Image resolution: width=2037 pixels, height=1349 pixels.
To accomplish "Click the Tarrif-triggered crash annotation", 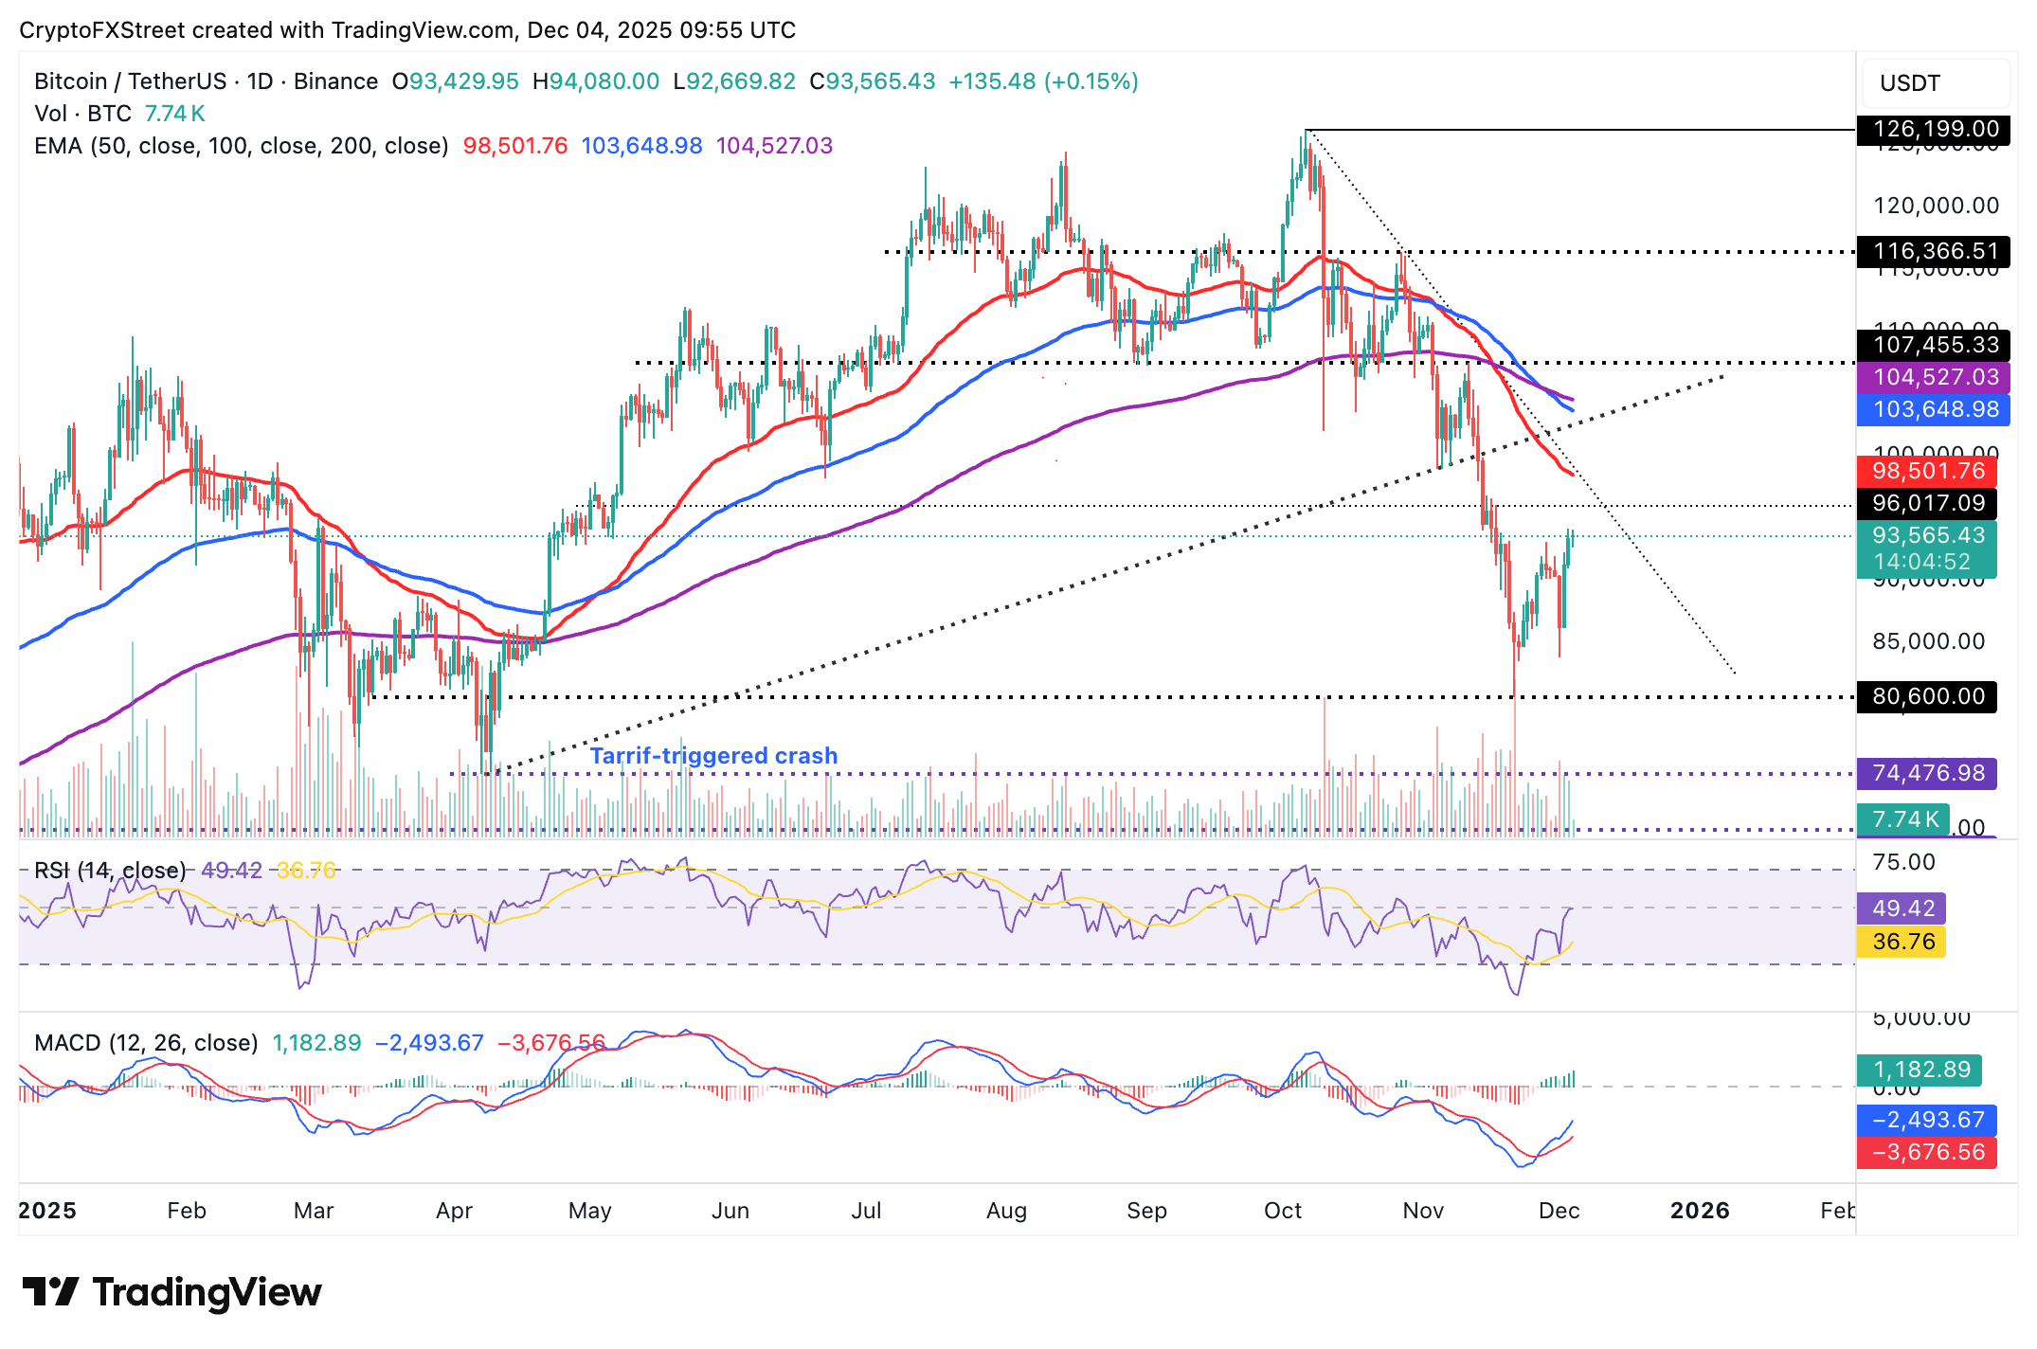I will [713, 755].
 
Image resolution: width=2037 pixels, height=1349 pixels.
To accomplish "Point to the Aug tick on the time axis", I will [1006, 1211].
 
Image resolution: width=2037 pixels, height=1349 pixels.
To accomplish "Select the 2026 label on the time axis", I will [1700, 1211].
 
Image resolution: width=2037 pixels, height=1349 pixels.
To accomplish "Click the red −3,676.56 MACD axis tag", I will [1927, 1152].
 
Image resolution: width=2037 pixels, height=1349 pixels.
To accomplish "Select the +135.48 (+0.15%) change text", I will [1043, 81].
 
